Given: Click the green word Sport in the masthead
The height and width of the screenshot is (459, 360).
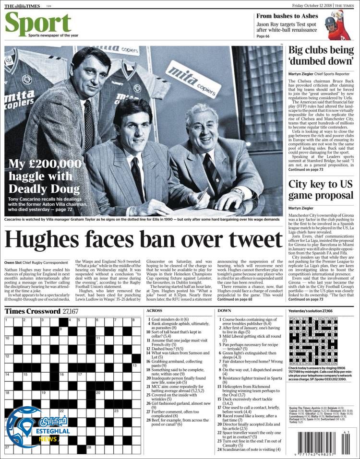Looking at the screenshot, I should pyautogui.click(x=38, y=23).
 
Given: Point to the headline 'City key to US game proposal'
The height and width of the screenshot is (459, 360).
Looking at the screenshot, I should pyautogui.click(x=321, y=190).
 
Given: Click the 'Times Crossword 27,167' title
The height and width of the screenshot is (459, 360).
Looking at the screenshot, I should pyautogui.click(x=42, y=311).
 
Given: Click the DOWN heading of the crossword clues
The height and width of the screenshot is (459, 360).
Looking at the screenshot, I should pyautogui.click(x=224, y=311).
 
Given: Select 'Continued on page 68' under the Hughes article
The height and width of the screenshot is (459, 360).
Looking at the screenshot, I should pyautogui.click(x=235, y=299).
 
